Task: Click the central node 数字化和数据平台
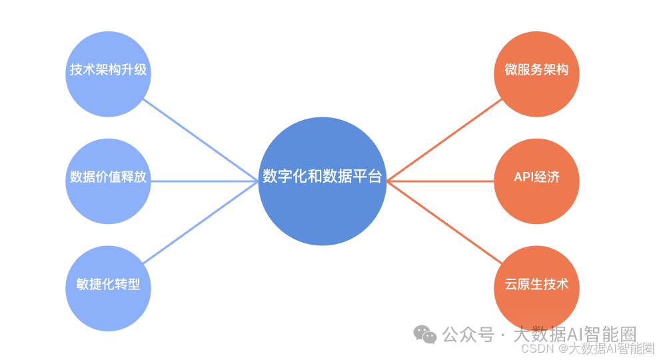pos(322,181)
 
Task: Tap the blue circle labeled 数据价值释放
pos(108,181)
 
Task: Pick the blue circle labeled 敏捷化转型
pos(108,288)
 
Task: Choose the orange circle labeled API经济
pos(536,181)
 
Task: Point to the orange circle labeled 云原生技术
pos(536,288)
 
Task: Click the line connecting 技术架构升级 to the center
pos(200,139)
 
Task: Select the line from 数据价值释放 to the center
pos(204,181)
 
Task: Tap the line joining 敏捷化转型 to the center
pos(200,221)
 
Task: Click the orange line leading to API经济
pos(440,181)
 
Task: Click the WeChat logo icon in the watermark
pos(425,334)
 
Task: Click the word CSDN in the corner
pos(534,348)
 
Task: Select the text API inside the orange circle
pos(524,177)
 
